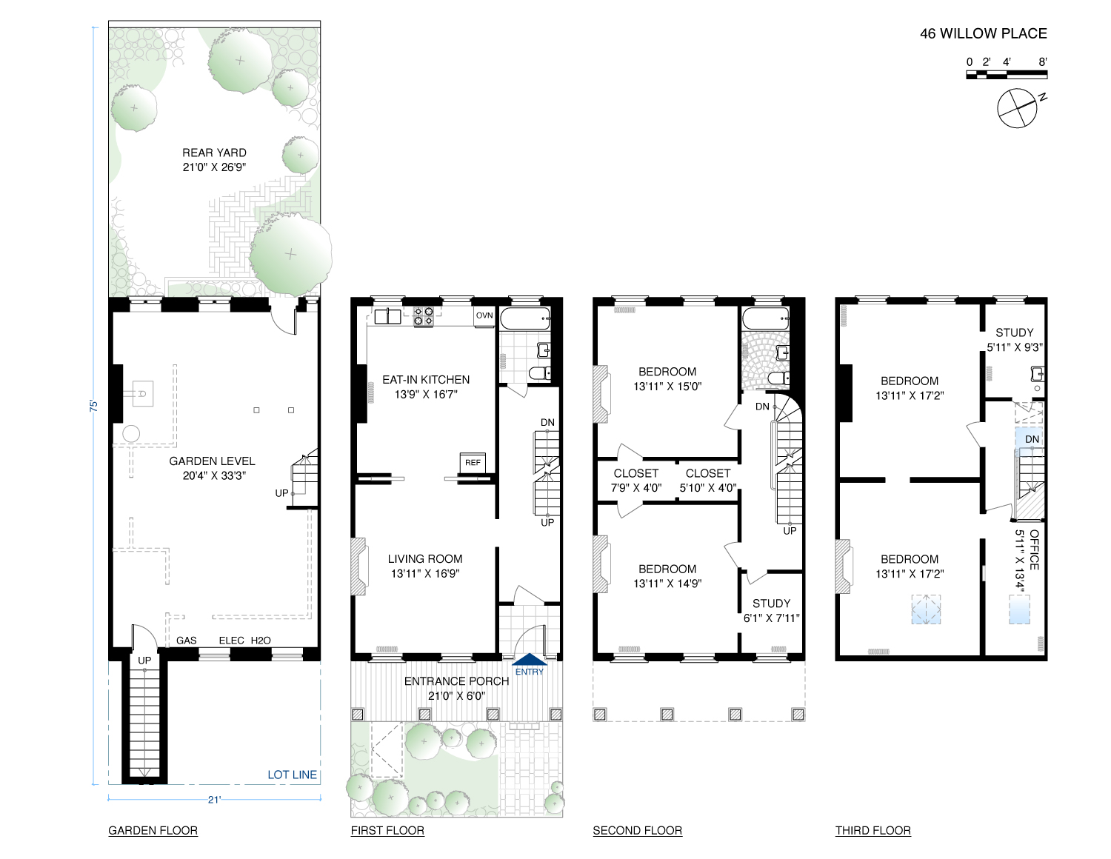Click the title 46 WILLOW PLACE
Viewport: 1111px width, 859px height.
point(983,33)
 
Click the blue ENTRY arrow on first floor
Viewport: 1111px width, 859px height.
point(530,660)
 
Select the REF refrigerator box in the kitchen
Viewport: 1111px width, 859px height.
point(473,462)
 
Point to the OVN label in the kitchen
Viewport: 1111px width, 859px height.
point(484,315)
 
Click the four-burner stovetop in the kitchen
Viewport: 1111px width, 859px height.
point(424,317)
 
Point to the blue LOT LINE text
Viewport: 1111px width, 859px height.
point(292,775)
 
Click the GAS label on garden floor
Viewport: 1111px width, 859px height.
point(187,641)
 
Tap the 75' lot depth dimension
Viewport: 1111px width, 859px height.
point(94,406)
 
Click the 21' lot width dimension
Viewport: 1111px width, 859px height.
point(214,799)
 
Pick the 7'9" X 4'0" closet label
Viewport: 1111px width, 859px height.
point(635,481)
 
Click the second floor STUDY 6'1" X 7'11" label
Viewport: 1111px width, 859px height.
point(771,610)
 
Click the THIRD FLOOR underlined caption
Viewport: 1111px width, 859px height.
point(873,830)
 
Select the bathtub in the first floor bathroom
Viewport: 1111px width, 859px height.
point(525,318)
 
